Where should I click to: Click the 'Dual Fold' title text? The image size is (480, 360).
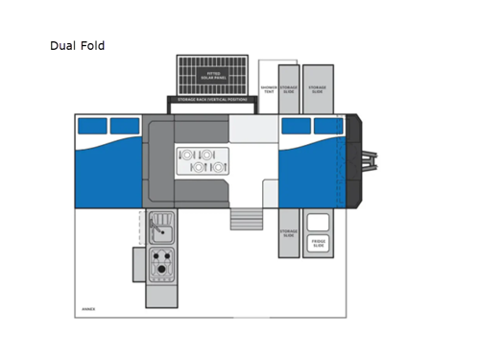tap(77, 45)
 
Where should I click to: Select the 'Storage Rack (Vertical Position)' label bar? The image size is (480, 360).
tap(212, 100)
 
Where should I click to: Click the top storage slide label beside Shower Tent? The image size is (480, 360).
tap(288, 88)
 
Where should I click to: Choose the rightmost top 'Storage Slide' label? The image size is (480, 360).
tap(317, 88)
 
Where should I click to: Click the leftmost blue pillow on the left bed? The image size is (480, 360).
tap(92, 126)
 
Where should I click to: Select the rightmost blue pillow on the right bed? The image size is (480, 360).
tap(327, 126)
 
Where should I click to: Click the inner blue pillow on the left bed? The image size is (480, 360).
tap(125, 126)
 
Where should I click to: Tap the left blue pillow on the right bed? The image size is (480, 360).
tap(296, 126)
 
